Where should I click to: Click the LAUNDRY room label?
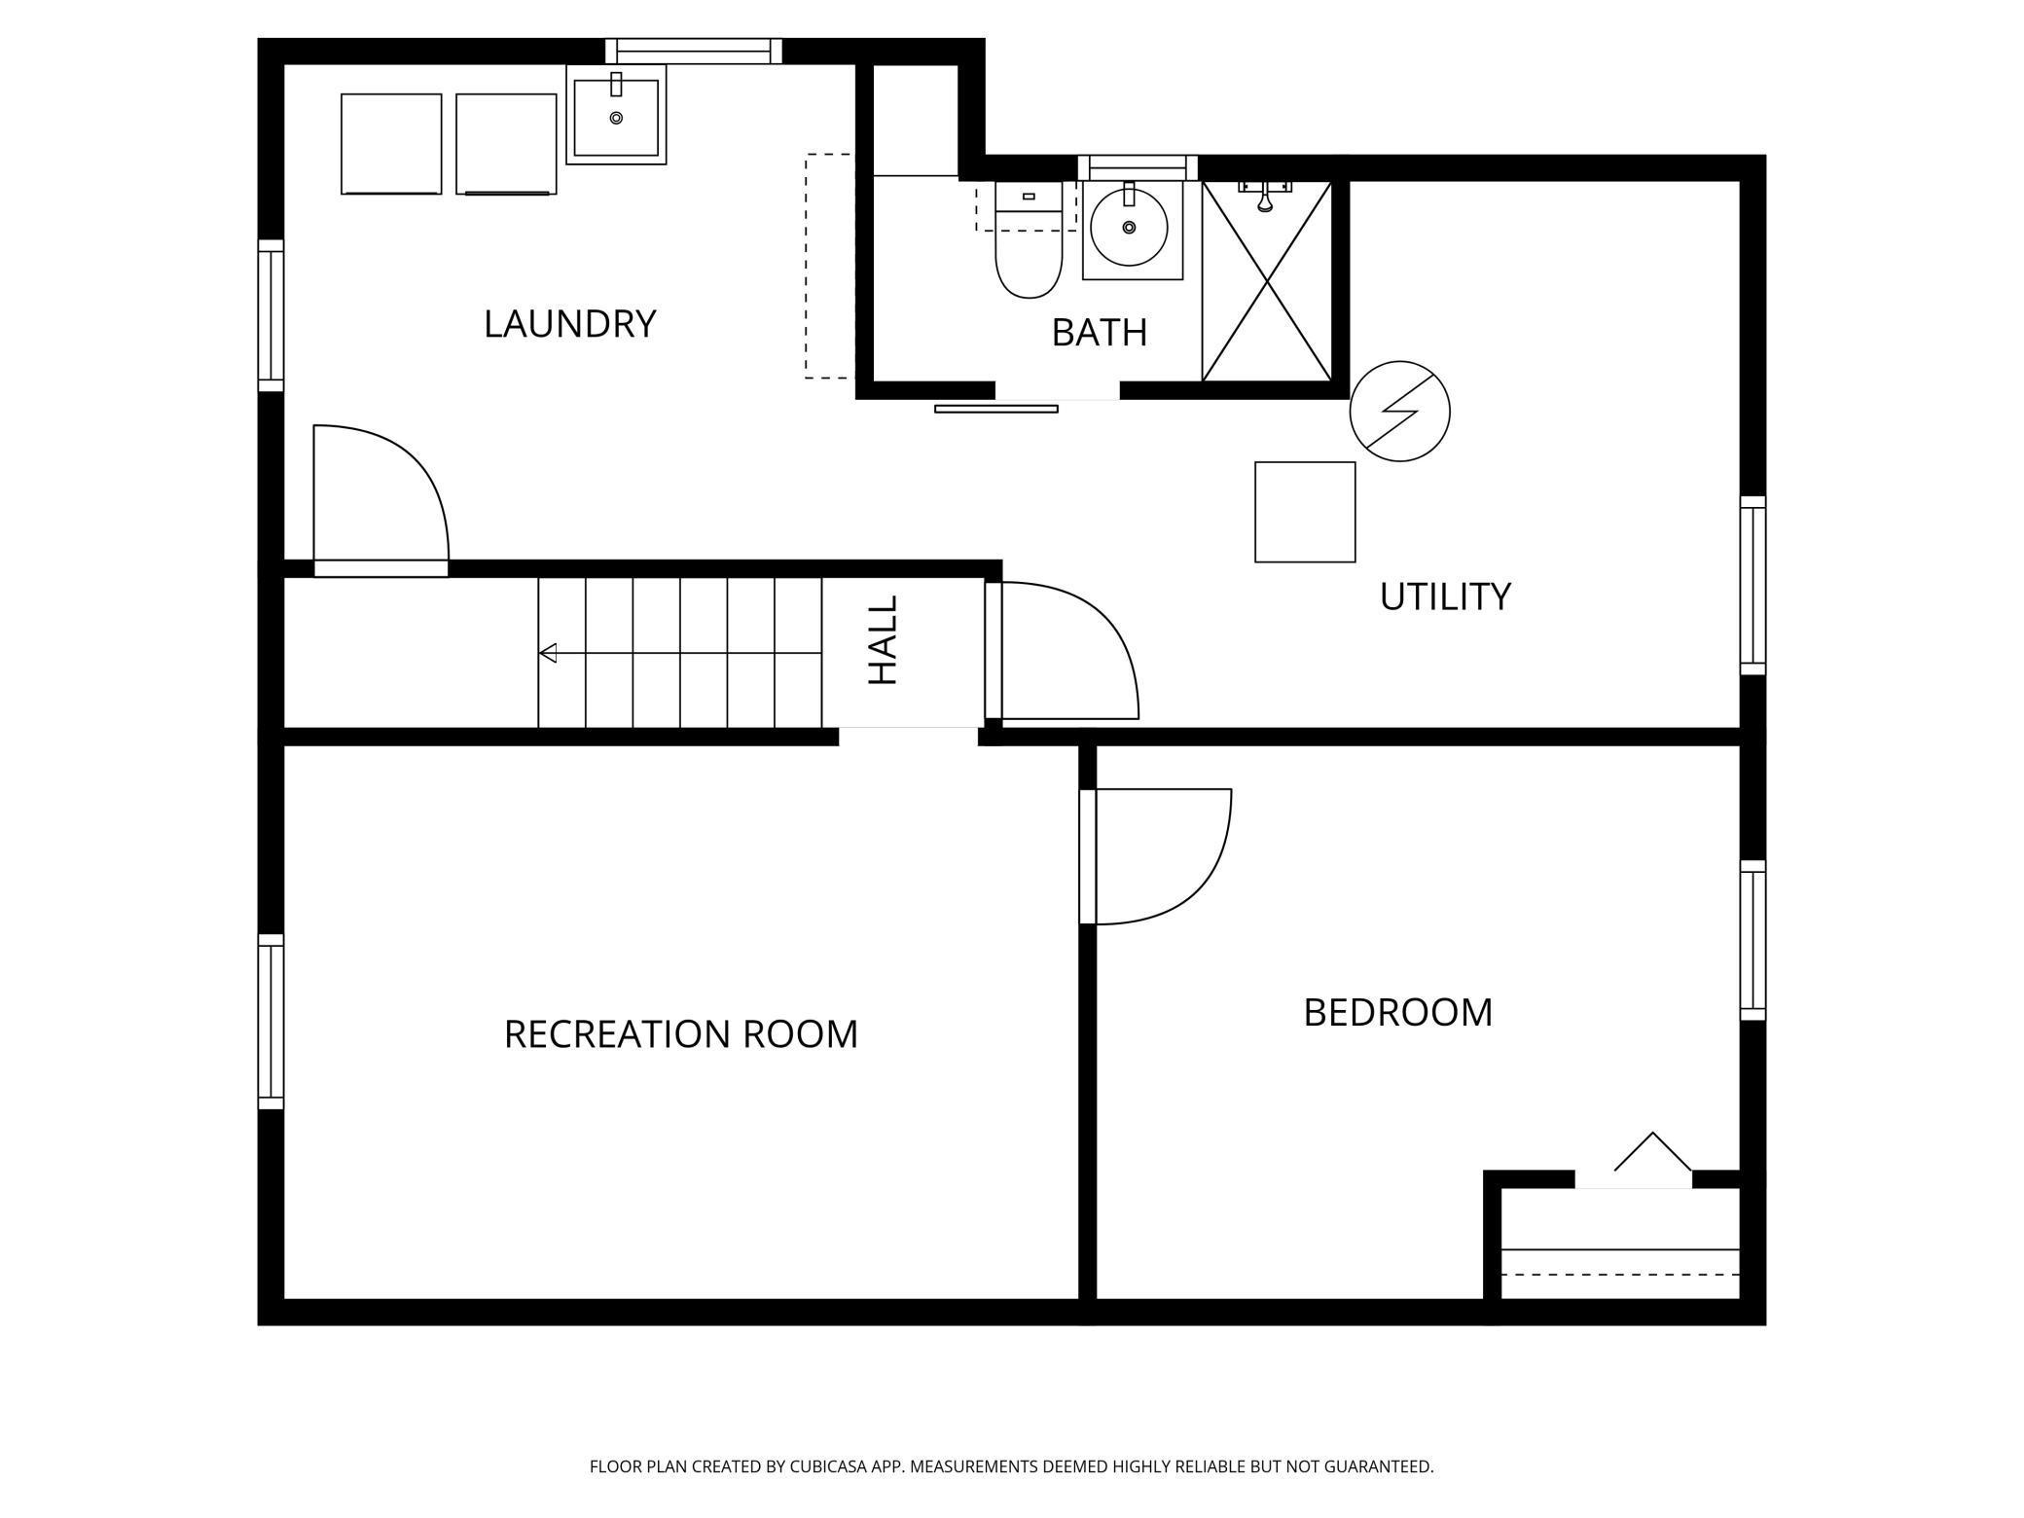569,324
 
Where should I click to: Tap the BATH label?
1100,333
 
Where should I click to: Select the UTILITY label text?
1445,596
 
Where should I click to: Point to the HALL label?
883,640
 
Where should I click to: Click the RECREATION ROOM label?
681,1034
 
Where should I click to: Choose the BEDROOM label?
1397,1013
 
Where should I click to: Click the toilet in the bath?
1029,240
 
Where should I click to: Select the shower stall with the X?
1267,280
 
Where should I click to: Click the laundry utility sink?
616,115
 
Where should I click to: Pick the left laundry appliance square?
391,144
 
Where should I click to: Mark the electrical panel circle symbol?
1399,412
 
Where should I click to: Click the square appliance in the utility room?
1305,512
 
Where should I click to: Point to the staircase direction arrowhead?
549,653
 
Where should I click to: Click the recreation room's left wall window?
271,1022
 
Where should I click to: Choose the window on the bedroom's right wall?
1753,940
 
